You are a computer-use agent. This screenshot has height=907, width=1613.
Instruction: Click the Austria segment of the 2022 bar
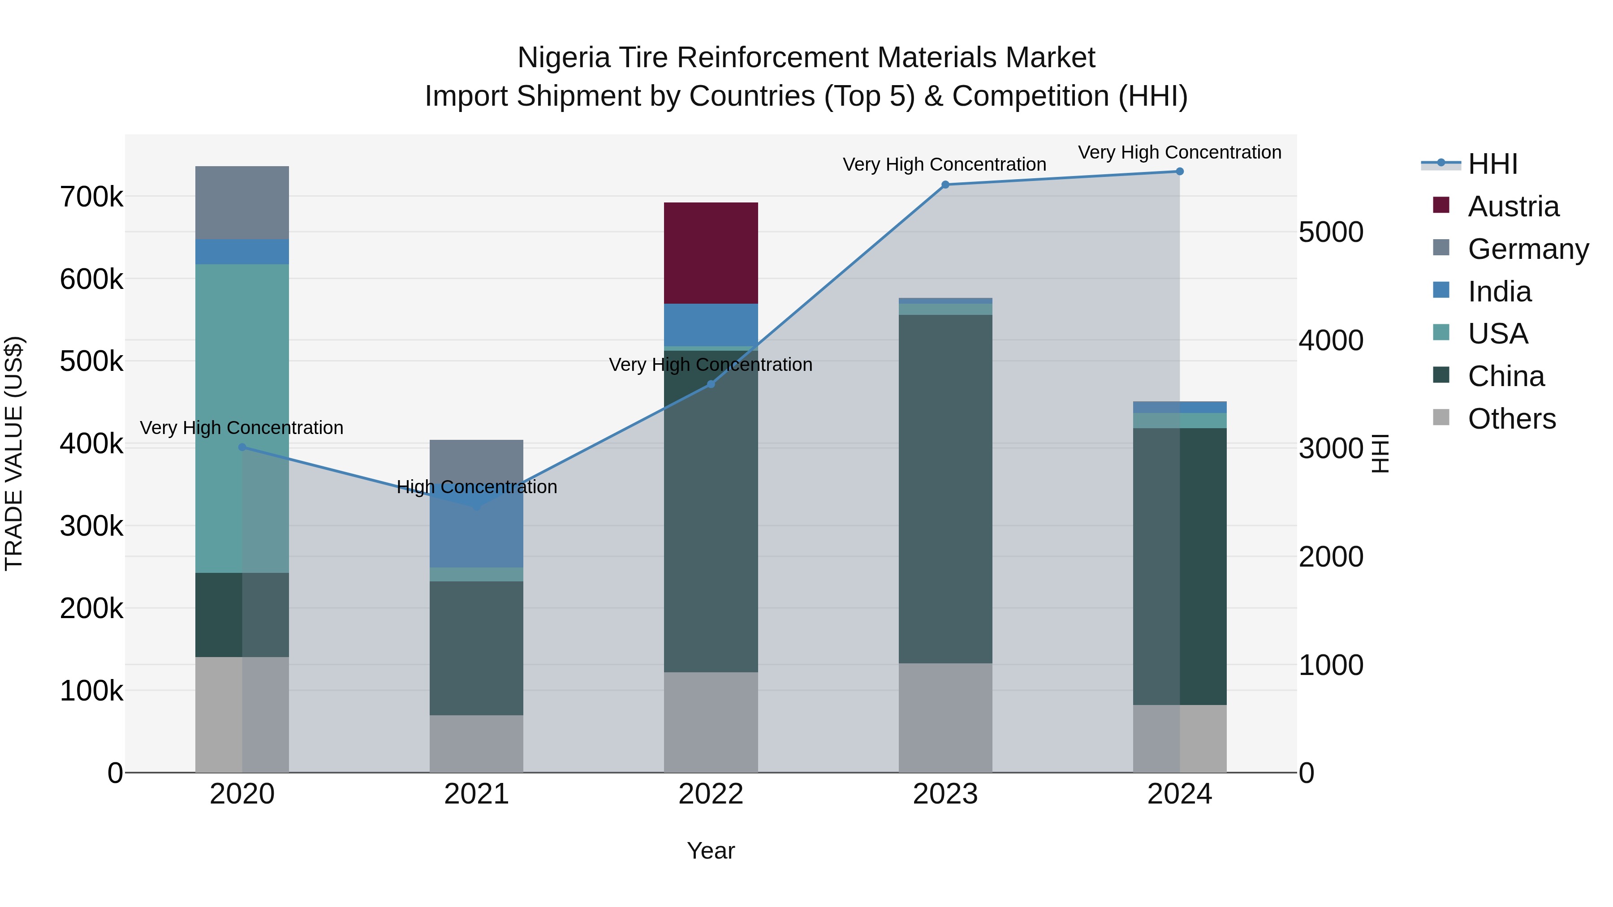[x=711, y=253]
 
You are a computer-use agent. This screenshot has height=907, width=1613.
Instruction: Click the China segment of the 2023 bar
[x=945, y=488]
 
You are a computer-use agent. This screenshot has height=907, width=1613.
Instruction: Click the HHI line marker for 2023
[x=945, y=185]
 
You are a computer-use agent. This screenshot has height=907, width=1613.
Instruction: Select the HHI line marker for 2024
[x=1180, y=172]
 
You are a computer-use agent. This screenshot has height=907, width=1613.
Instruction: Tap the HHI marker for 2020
[x=242, y=447]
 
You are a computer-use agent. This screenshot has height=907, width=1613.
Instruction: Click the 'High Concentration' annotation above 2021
[x=477, y=486]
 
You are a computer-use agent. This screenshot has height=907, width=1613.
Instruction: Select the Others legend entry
[x=1512, y=419]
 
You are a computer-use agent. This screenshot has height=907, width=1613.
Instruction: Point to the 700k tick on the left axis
[x=91, y=197]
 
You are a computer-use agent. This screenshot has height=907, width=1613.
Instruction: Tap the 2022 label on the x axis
[x=711, y=794]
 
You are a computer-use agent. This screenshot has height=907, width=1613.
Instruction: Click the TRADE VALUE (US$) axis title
[x=14, y=453]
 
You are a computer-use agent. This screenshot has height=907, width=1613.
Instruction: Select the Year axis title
[x=711, y=851]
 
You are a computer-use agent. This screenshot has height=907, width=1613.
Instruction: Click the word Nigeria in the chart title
[x=564, y=58]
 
